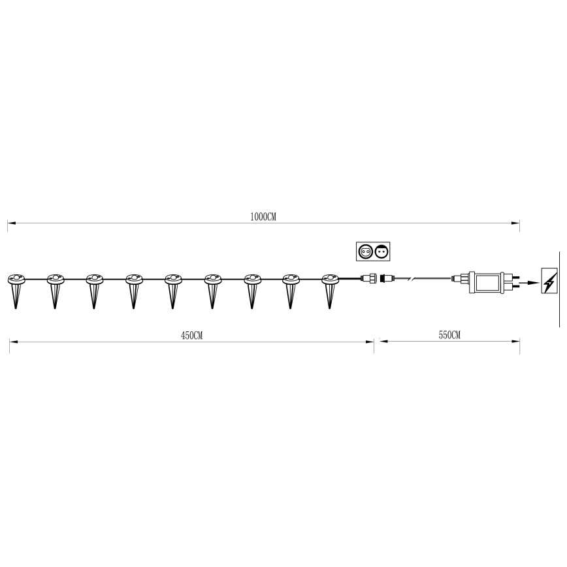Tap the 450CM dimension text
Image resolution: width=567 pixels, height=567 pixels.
(x=191, y=335)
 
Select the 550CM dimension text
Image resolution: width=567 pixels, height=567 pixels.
(x=449, y=335)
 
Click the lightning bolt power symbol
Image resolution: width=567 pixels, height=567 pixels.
(x=549, y=282)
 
